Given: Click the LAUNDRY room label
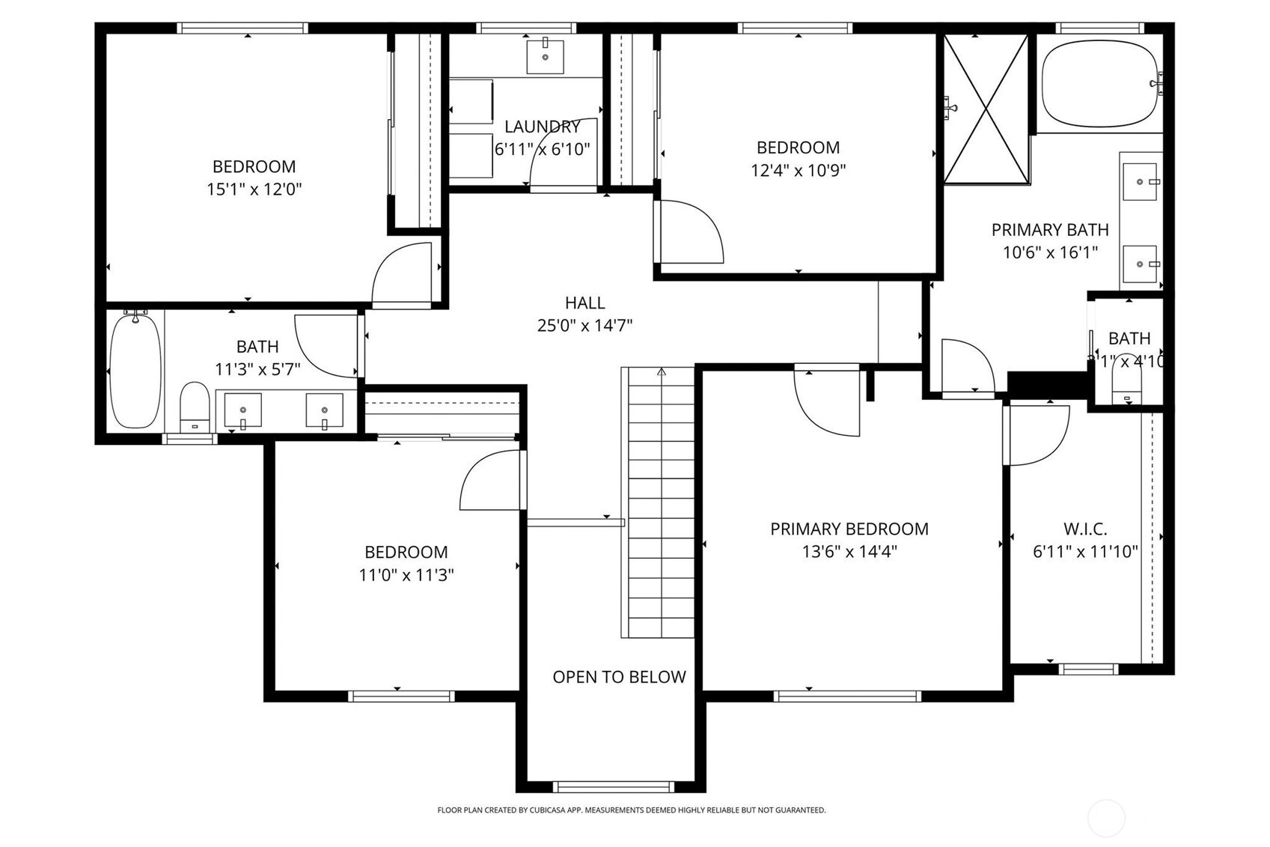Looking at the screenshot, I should (x=542, y=127).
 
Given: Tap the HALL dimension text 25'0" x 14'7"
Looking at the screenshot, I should (x=584, y=326).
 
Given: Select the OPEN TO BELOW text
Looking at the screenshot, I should (x=619, y=677).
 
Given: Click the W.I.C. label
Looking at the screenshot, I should (x=1085, y=529).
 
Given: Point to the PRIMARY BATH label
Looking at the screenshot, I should (x=1049, y=230).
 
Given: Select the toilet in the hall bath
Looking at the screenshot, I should (x=195, y=408).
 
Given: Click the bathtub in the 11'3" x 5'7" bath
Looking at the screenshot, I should (x=135, y=371).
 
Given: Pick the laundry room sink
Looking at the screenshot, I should (x=545, y=56).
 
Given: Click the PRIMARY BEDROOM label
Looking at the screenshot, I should (x=849, y=529).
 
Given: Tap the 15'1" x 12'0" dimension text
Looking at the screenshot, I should (x=254, y=189).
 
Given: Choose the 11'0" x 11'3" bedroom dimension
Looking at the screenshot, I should (x=406, y=575).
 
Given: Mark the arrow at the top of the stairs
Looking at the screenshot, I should (x=661, y=371).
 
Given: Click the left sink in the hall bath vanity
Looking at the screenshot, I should (x=243, y=410).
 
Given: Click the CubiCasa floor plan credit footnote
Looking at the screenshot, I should (x=631, y=810).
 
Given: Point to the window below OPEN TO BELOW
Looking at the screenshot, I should (x=613, y=786).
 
